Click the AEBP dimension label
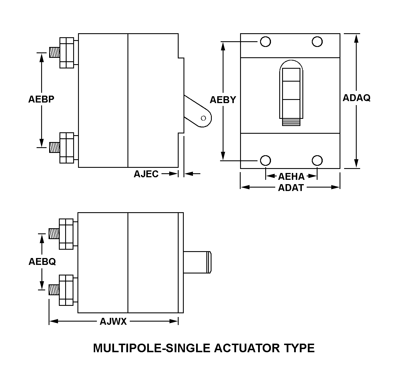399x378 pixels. (41, 99)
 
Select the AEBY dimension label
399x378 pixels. (223, 100)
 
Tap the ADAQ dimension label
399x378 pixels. (357, 98)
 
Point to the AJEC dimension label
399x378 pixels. (146, 174)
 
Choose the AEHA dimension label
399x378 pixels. (291, 176)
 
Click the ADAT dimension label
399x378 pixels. (291, 188)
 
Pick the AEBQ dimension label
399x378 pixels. (42, 261)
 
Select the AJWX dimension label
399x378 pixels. (113, 322)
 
